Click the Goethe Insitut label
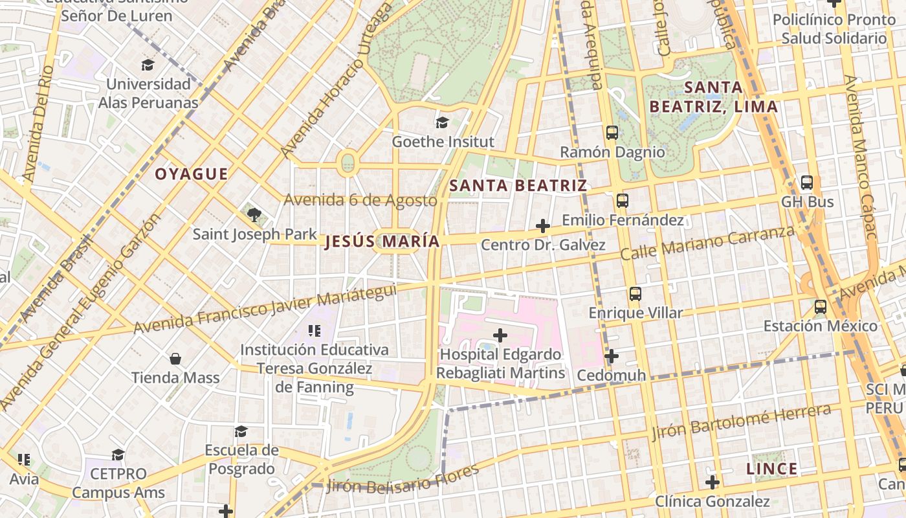(x=443, y=142)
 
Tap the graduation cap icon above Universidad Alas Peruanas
(x=148, y=65)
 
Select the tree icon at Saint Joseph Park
(x=254, y=214)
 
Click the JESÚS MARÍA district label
(x=382, y=242)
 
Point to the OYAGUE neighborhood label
(x=191, y=174)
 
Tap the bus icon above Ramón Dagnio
(x=612, y=133)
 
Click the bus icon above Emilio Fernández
(x=623, y=201)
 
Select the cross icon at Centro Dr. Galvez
(x=543, y=226)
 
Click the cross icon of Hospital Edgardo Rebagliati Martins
(x=500, y=335)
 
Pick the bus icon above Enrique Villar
(x=635, y=294)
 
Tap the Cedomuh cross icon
(x=612, y=356)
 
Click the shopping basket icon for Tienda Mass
(x=175, y=359)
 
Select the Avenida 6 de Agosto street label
(x=360, y=200)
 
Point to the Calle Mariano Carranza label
(x=707, y=243)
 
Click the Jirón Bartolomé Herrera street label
(x=741, y=422)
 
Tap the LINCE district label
(x=771, y=469)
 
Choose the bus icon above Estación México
(x=820, y=307)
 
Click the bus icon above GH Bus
(x=806, y=183)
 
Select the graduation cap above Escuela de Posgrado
(x=241, y=431)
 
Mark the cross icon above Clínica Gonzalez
(x=712, y=482)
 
